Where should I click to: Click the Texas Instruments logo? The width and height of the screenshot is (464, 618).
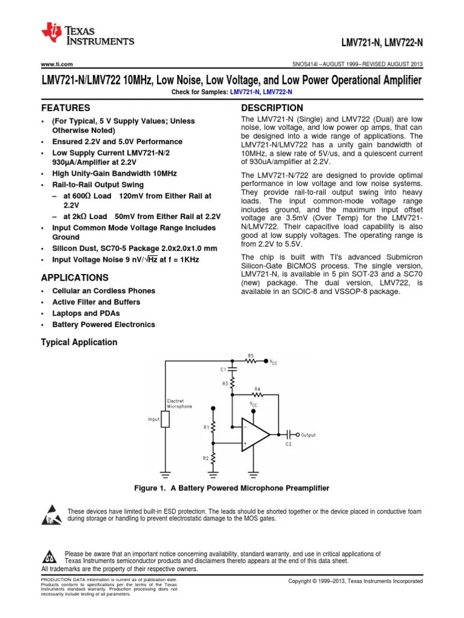(x=87, y=35)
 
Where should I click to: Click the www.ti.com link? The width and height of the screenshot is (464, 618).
(x=57, y=64)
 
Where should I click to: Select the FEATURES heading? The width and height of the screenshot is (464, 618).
(x=65, y=108)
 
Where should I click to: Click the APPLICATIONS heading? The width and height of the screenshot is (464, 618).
(x=74, y=278)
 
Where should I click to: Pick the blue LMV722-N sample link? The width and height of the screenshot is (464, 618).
(x=277, y=91)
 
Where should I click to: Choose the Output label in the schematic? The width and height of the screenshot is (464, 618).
(x=308, y=435)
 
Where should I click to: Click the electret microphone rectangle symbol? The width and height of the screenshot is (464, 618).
(x=165, y=419)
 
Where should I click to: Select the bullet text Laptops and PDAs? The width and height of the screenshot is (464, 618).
(x=86, y=313)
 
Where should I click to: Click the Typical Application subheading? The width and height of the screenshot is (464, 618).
(x=79, y=342)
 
